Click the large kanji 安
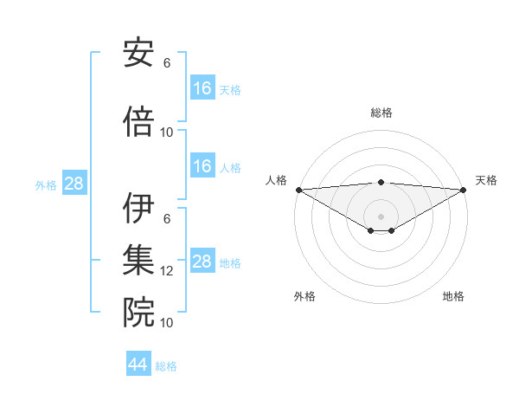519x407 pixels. click(x=138, y=54)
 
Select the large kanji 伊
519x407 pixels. click(x=138, y=210)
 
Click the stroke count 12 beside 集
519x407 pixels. click(x=167, y=271)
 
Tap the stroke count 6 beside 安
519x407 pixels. click(x=167, y=63)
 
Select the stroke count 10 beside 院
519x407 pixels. click(x=167, y=323)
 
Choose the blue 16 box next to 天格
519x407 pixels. click(x=202, y=88)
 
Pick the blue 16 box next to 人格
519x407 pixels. click(x=202, y=166)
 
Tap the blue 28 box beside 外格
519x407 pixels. click(x=74, y=184)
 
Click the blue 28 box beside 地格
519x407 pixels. click(x=202, y=262)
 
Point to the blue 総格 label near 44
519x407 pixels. click(x=166, y=366)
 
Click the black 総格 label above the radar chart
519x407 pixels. click(x=381, y=113)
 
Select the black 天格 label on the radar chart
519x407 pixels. click(x=486, y=180)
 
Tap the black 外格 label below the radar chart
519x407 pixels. click(x=304, y=296)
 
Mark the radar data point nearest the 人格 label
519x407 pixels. click(x=298, y=190)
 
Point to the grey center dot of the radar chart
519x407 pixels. click(x=381, y=215)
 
